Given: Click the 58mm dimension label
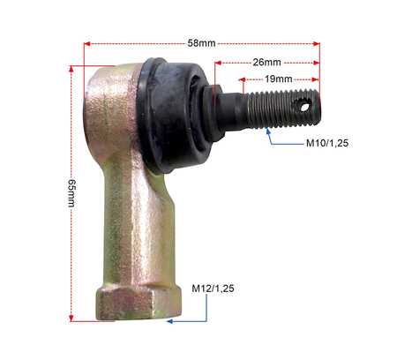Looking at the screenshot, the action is (201, 43).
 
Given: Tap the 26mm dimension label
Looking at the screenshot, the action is (266, 63).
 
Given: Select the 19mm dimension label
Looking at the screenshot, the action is (278, 79).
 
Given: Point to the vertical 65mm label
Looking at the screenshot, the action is (71, 193).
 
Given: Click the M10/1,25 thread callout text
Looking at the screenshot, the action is (327, 143).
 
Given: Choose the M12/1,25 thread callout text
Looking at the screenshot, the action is (213, 289).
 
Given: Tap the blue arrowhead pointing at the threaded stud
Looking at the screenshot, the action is (268, 131).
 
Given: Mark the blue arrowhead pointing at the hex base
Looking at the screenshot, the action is (169, 321).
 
